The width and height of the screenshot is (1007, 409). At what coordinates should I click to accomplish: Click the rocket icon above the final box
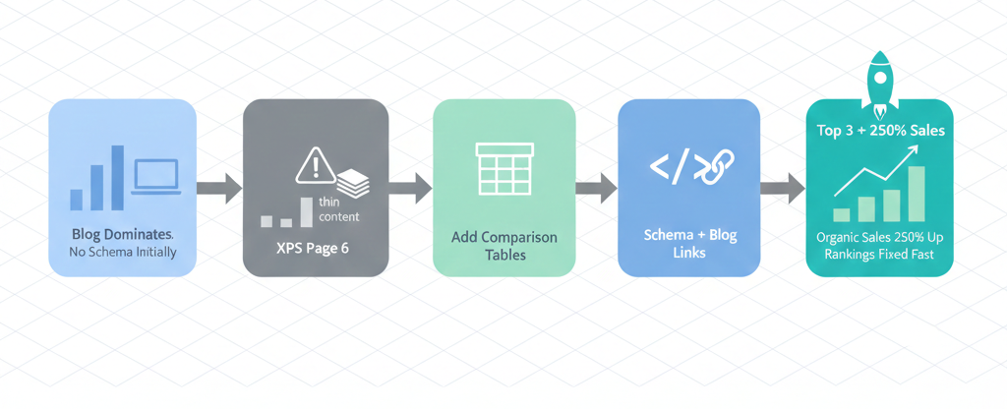pyautogui.click(x=878, y=77)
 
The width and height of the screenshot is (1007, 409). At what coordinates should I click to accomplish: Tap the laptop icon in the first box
pyautogui.click(x=155, y=177)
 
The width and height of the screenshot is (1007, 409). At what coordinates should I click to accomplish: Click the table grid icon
pyautogui.click(x=503, y=168)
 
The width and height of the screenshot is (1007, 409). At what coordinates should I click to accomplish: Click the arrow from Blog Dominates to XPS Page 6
pyautogui.click(x=219, y=188)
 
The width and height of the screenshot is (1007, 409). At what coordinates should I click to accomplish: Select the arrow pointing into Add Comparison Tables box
pyautogui.click(x=410, y=188)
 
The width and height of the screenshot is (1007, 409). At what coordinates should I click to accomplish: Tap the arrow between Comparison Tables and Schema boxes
pyautogui.click(x=596, y=188)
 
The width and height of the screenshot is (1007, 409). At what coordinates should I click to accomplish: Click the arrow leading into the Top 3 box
pyautogui.click(x=783, y=188)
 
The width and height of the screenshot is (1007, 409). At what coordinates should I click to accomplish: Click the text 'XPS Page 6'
pyautogui.click(x=315, y=247)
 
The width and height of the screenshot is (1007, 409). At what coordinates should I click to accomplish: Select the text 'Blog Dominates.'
pyautogui.click(x=122, y=235)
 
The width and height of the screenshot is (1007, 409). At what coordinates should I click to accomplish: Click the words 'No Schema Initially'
pyautogui.click(x=122, y=252)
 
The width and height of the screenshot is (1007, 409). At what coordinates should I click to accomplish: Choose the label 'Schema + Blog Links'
pyautogui.click(x=689, y=245)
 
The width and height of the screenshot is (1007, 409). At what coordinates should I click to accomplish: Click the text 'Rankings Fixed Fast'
pyautogui.click(x=879, y=255)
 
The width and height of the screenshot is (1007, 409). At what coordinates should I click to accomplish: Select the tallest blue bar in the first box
pyautogui.click(x=117, y=178)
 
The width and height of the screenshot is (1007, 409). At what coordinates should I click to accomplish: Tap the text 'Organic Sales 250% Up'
pyautogui.click(x=879, y=236)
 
